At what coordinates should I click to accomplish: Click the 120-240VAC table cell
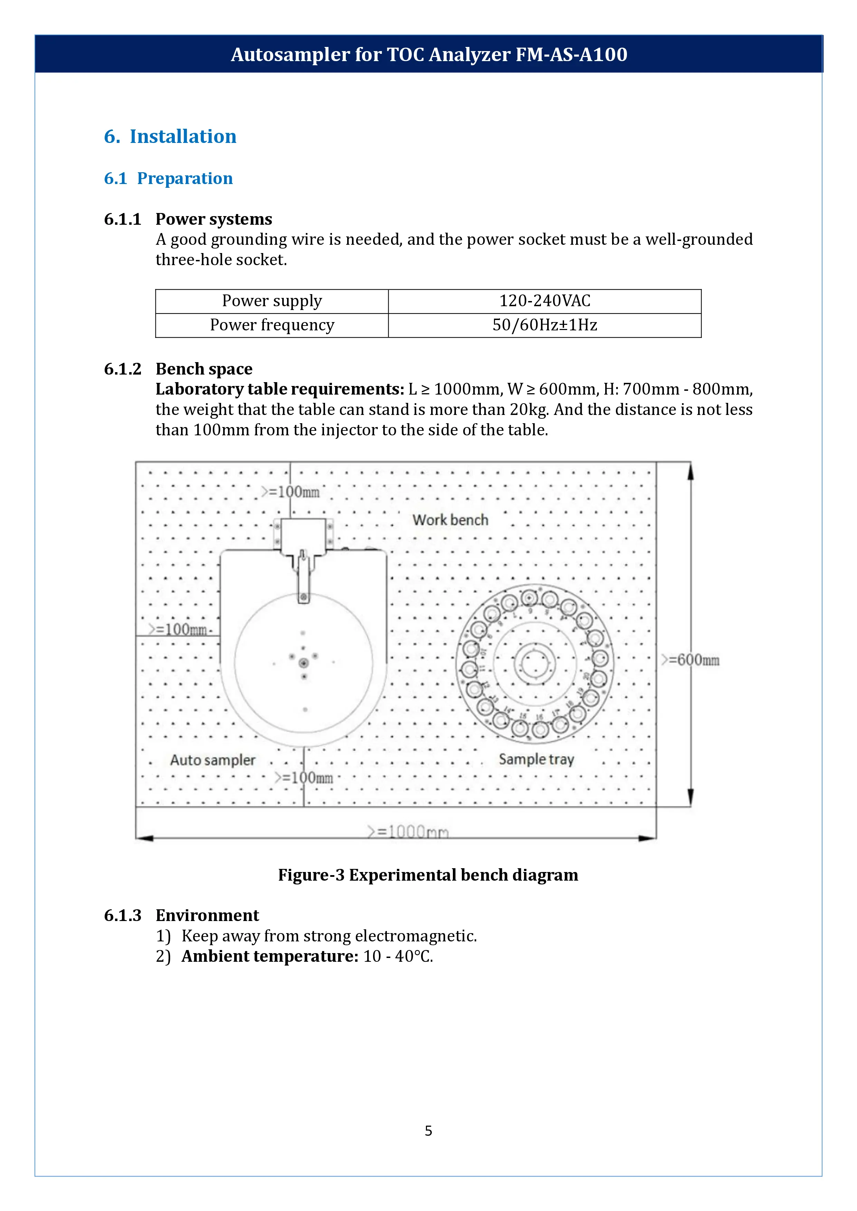[x=545, y=301]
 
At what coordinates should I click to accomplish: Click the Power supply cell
[x=272, y=301]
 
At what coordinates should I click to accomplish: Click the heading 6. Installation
[x=170, y=137]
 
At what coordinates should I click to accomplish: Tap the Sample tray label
[x=536, y=759]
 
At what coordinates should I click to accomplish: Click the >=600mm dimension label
[x=691, y=660]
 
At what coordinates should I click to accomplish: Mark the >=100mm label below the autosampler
[x=304, y=777]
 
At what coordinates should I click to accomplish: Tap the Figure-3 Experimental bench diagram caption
[x=428, y=875]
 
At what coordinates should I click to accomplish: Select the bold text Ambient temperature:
[x=270, y=956]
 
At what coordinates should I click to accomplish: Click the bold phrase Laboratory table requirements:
[x=280, y=389]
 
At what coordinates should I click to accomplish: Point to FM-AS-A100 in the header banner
[x=571, y=54]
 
